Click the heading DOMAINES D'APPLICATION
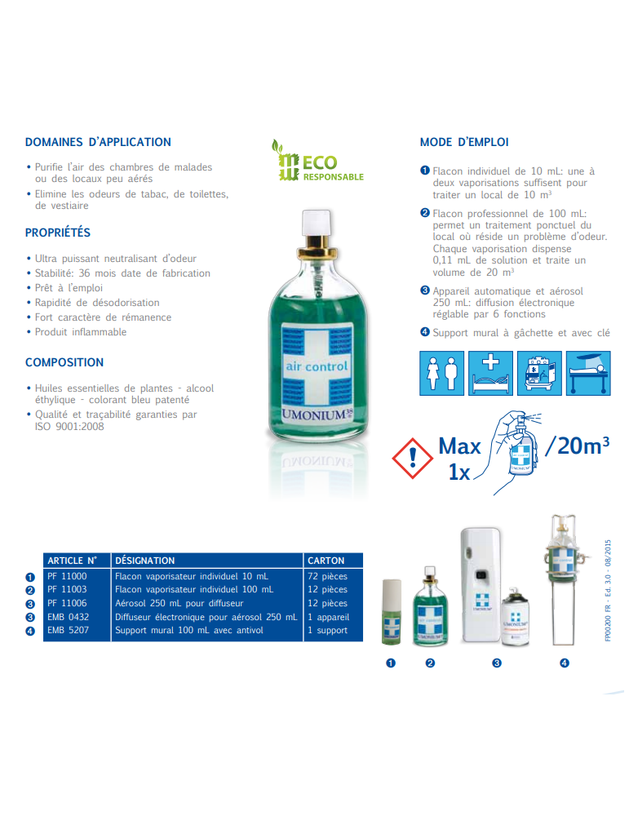98,142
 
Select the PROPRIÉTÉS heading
58,233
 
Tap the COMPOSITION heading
64,362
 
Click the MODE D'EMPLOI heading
464,142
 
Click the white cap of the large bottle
315,223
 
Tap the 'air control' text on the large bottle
316,366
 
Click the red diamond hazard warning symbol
414,456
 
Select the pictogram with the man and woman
441,372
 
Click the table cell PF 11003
67,589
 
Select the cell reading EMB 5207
69,630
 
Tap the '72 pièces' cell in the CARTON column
327,576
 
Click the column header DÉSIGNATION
145,561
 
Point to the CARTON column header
326,561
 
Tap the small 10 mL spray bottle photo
392,612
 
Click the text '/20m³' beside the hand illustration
577,446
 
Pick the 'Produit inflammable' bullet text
81,332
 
